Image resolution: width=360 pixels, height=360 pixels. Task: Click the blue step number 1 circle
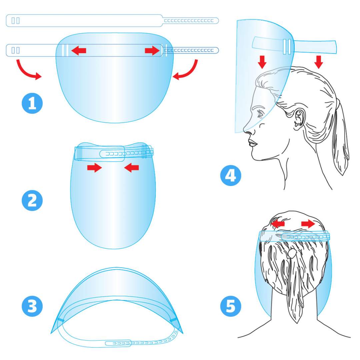32,103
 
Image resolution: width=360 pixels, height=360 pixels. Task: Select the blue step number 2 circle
32,200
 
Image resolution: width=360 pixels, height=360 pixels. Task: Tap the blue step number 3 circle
32,306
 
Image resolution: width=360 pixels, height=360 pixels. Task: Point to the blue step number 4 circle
231,176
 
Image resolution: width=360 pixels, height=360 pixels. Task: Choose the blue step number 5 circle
231,306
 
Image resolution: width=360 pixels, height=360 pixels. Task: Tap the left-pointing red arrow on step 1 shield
79,50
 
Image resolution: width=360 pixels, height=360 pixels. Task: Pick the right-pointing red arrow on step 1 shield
152,50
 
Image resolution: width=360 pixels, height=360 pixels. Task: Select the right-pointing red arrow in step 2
95,168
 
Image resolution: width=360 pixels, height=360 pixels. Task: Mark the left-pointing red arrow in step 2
131,168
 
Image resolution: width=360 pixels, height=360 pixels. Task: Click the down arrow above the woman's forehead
262,62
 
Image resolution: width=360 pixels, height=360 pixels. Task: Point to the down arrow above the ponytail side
318,62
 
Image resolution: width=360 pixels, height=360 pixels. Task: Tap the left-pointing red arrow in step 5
277,223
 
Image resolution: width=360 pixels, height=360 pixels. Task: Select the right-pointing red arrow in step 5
308,223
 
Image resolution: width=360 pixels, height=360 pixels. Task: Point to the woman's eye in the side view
260,114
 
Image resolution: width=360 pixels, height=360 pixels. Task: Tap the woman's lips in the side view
253,143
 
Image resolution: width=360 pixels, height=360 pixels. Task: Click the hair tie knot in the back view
292,253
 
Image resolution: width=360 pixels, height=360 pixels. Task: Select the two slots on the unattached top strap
16,21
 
